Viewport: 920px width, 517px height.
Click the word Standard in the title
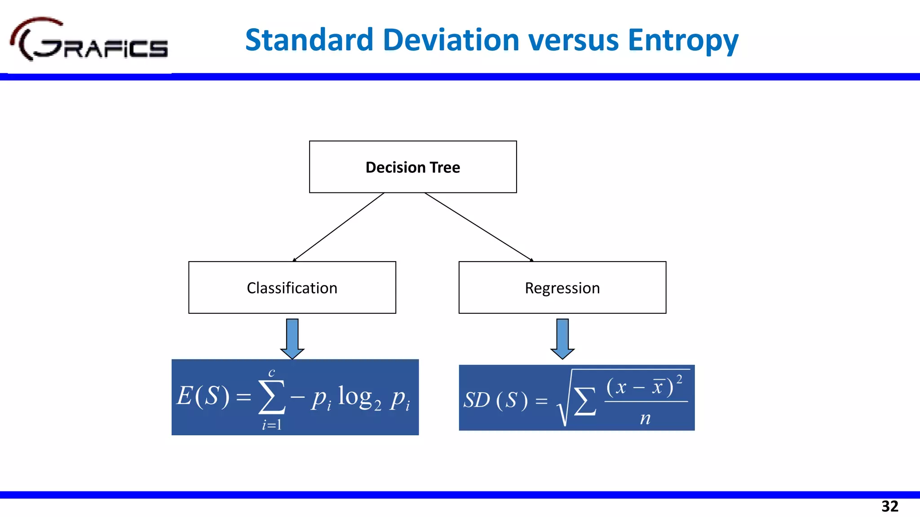(x=309, y=40)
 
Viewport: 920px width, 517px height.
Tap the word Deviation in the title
(x=451, y=40)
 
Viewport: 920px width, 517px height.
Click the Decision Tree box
(x=413, y=167)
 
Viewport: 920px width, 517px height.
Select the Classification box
(x=292, y=288)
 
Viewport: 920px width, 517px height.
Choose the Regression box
(x=562, y=288)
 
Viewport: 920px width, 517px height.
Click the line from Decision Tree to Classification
(x=338, y=227)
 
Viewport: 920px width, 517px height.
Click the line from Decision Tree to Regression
(x=479, y=227)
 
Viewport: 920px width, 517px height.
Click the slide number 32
(x=889, y=506)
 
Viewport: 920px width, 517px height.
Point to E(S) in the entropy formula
(x=203, y=396)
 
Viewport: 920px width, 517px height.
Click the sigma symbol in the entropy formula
(x=271, y=396)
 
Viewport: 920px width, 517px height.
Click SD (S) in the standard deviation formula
(x=495, y=400)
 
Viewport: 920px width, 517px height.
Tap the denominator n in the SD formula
(x=645, y=418)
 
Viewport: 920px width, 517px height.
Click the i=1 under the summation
(x=272, y=424)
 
